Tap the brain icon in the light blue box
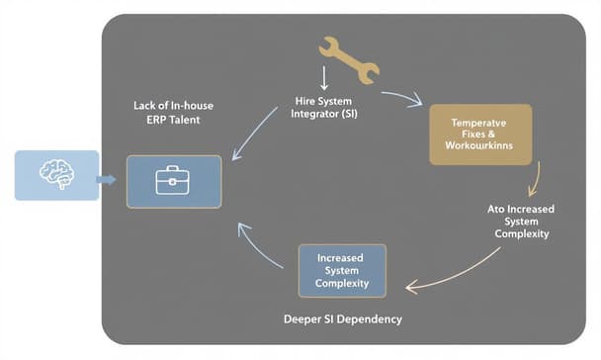55,173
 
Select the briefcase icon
173,179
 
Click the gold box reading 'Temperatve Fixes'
480,134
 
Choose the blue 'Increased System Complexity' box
342,270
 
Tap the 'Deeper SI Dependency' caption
342,319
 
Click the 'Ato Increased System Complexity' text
521,222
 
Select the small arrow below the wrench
323,78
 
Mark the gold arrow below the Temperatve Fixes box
534,179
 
